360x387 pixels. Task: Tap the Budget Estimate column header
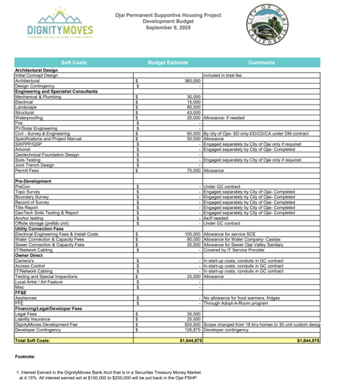(x=168, y=60)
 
